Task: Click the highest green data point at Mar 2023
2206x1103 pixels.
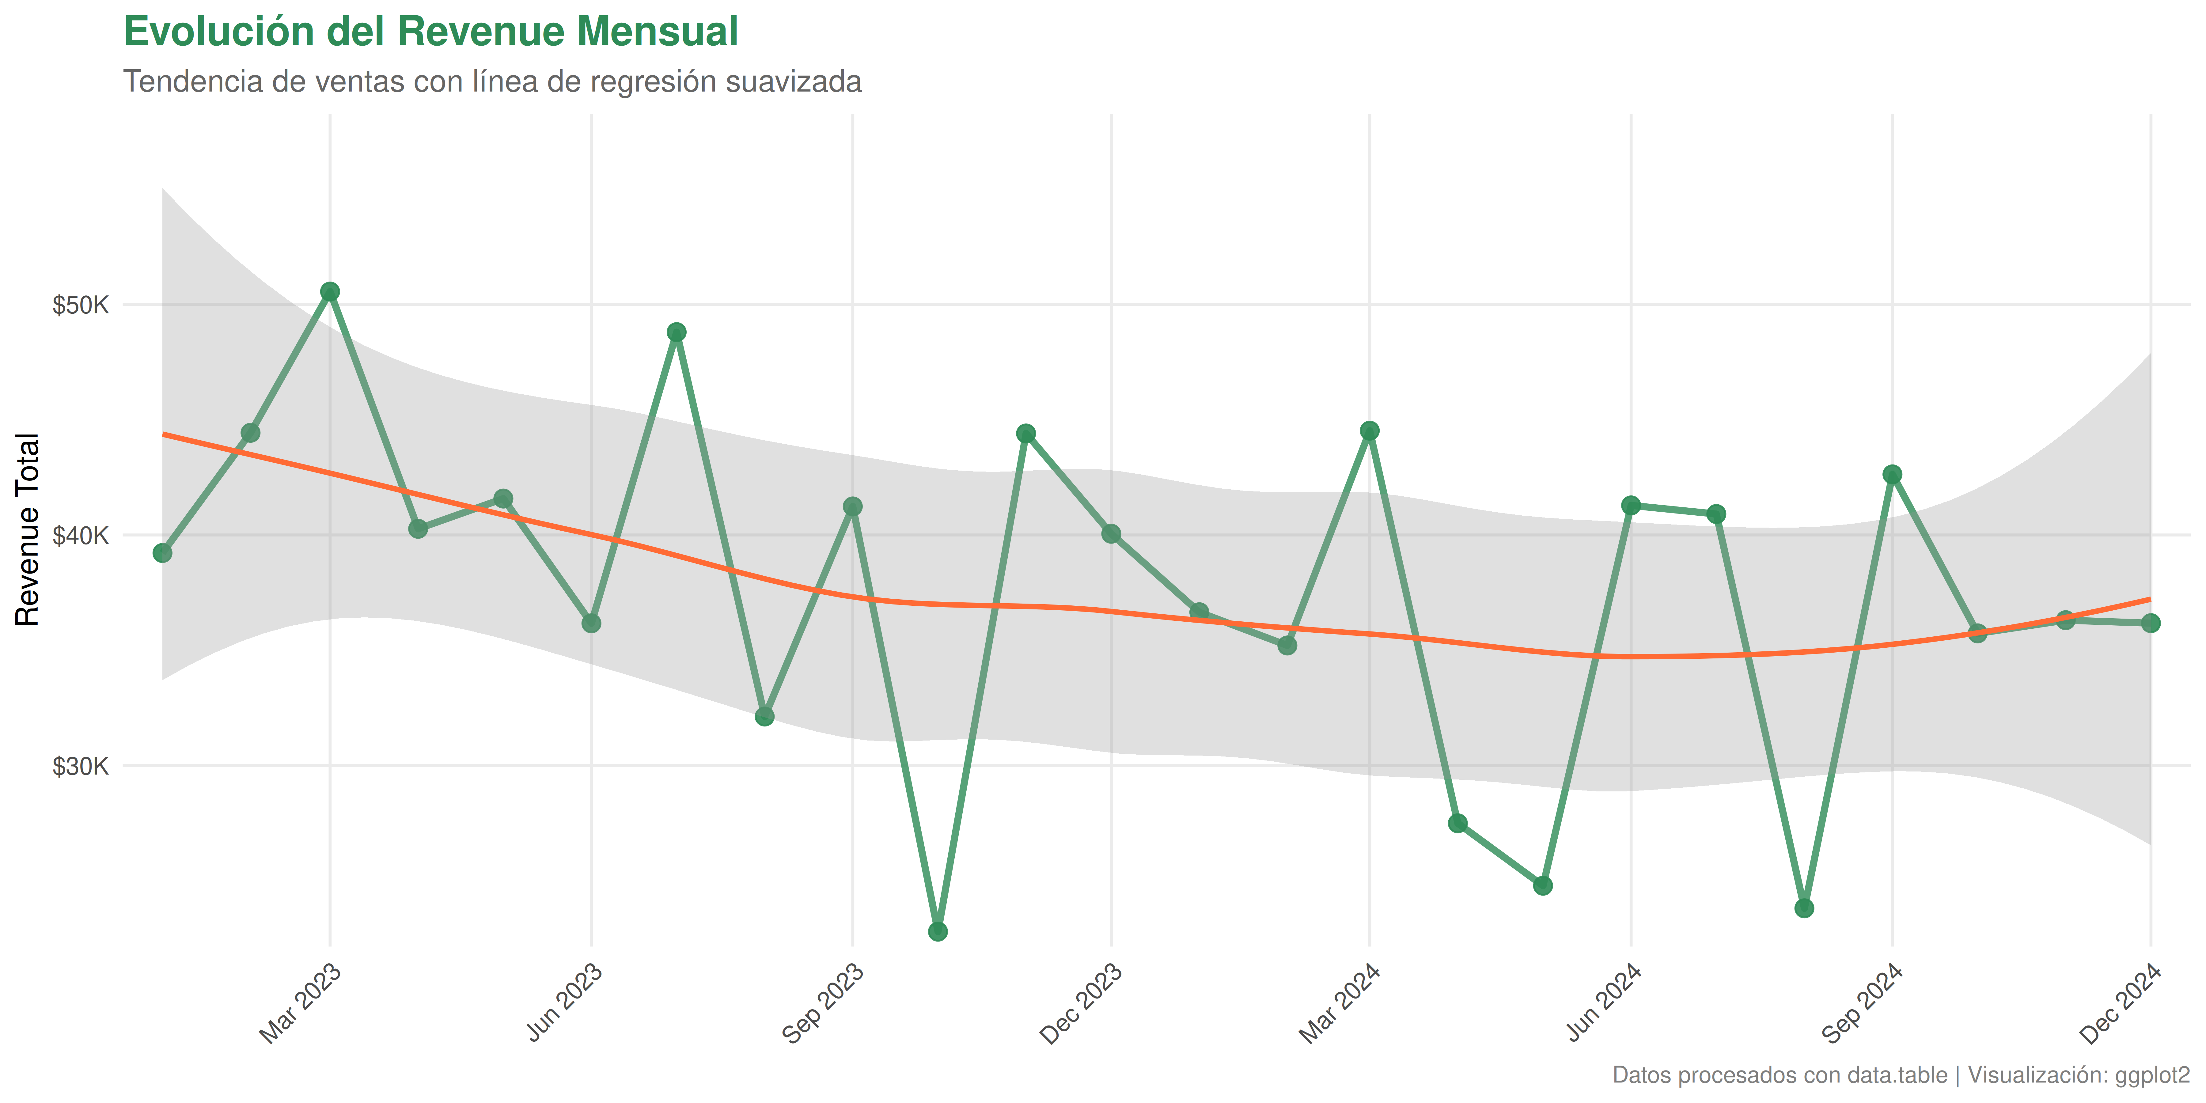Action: tap(330, 292)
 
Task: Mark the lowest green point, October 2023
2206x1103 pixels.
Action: tap(938, 931)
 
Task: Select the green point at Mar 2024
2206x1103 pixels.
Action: tap(1369, 431)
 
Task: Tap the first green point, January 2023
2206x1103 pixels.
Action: tap(163, 553)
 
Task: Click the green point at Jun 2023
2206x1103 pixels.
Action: tap(591, 624)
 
